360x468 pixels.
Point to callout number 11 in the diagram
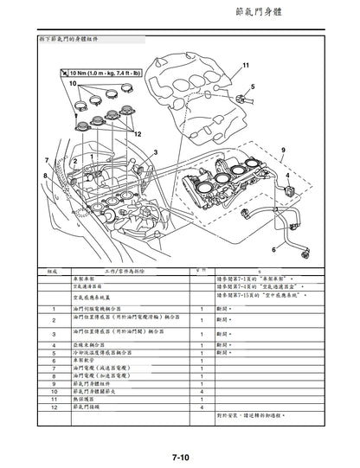tap(245, 66)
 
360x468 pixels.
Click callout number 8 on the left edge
tap(46, 176)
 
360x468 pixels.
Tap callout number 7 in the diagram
tap(46, 162)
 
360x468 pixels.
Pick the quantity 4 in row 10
tap(202, 390)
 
